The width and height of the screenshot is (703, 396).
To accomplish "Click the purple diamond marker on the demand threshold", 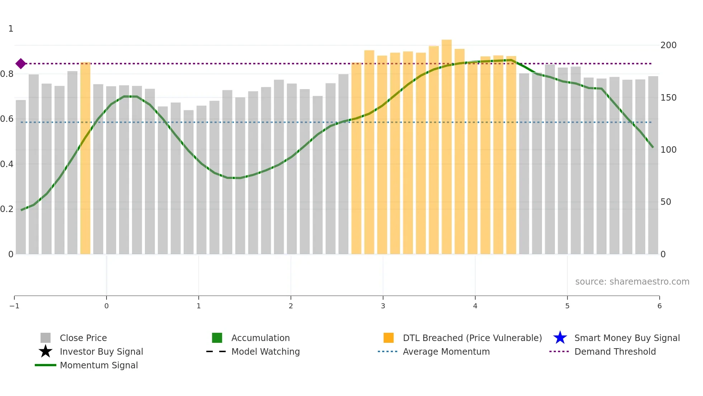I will (21, 64).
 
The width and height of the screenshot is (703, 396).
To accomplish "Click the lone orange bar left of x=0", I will (85, 158).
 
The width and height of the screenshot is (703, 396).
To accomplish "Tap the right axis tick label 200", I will (668, 45).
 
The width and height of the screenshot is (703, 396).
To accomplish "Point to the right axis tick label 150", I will (668, 98).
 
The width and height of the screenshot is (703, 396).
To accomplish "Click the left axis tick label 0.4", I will (7, 164).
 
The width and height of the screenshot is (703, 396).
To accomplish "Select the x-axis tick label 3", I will (383, 306).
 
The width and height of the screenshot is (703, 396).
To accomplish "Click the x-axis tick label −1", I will (14, 306).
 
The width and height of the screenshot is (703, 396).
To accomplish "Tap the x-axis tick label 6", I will (659, 306).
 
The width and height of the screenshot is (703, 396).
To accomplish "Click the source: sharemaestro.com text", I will (632, 281).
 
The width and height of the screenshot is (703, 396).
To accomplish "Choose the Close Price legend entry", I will (83, 338).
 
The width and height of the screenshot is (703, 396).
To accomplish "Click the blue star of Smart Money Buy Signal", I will (560, 338).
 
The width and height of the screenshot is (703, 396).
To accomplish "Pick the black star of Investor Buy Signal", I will (46, 351).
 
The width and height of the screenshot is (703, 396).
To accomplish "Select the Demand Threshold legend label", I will (615, 351).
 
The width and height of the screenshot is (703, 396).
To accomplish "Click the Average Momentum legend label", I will (446, 351).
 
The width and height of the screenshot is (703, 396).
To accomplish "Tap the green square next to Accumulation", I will (217, 338).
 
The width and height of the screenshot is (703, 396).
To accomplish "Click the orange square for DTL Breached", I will (388, 338).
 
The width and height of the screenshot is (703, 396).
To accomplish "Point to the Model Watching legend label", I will (265, 351).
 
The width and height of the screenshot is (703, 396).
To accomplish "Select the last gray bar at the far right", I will (653, 165).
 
